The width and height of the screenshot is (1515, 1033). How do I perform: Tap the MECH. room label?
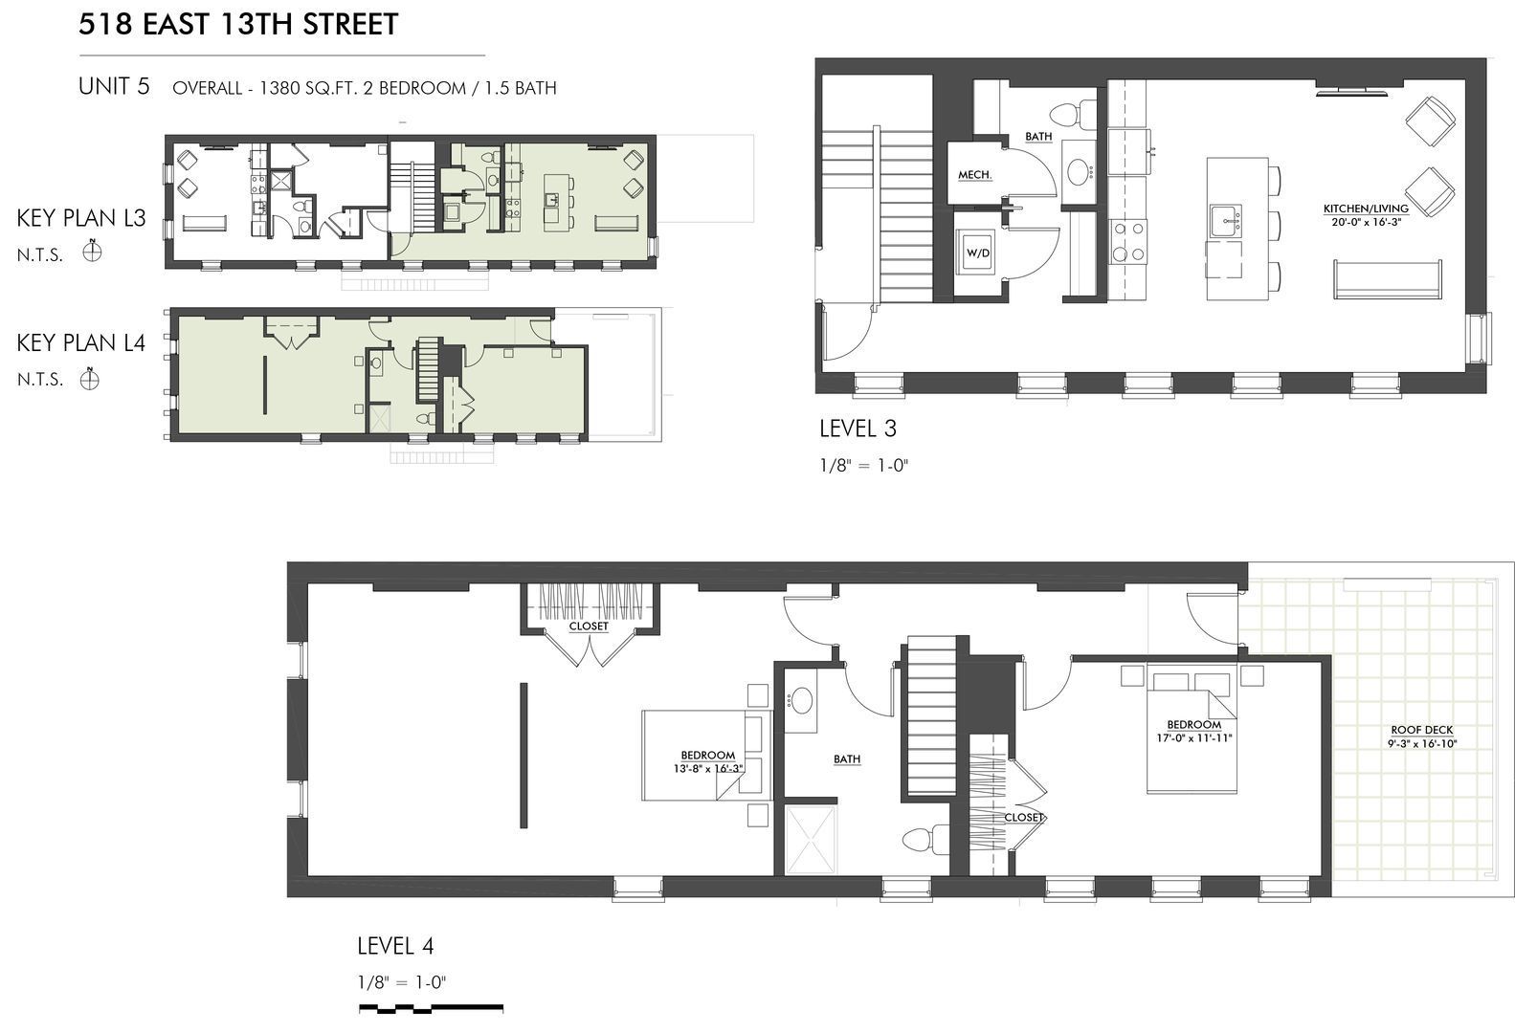pyautogui.click(x=974, y=175)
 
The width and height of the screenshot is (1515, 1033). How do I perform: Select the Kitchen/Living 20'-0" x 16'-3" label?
pyautogui.click(x=1367, y=215)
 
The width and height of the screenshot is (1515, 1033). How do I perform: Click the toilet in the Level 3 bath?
pyautogui.click(x=1074, y=115)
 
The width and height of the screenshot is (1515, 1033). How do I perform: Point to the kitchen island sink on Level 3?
pyautogui.click(x=1226, y=221)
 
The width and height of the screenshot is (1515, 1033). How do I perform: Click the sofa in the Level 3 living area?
pyautogui.click(x=1387, y=278)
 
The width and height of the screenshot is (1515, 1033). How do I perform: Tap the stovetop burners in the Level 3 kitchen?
pyautogui.click(x=1128, y=241)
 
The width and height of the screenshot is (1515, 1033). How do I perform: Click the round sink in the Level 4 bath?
pyautogui.click(x=801, y=701)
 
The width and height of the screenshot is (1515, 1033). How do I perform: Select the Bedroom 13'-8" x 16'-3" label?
pyautogui.click(x=708, y=762)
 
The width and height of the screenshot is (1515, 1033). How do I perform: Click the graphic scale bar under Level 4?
pyautogui.click(x=431, y=1009)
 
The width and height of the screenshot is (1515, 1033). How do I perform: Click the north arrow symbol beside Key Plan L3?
pyautogui.click(x=92, y=253)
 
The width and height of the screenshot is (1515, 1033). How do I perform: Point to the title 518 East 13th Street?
pyautogui.click(x=238, y=24)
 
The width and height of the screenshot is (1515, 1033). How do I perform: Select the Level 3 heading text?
pyautogui.click(x=858, y=428)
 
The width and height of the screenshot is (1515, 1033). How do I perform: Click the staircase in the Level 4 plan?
pyautogui.click(x=930, y=715)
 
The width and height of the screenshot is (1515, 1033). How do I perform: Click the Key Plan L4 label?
pyautogui.click(x=81, y=342)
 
